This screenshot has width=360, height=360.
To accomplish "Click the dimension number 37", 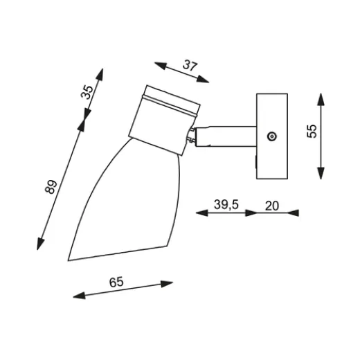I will coord(190,66).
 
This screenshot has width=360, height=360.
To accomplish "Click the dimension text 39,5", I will coord(226,204).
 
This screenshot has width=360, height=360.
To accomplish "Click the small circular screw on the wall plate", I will coord(272,136).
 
